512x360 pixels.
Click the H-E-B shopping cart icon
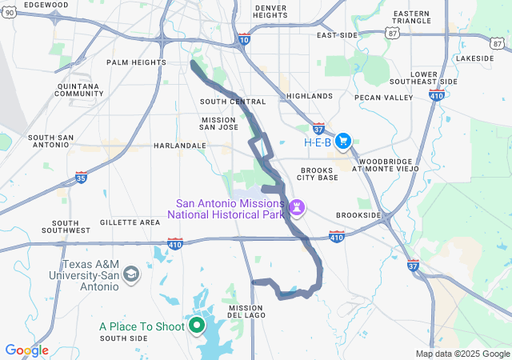(343, 142)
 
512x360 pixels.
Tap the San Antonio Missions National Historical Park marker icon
(298, 208)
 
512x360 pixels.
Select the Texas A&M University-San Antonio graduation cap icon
(131, 275)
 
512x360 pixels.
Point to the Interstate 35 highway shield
(81, 177)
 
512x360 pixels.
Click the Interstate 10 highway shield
(244, 38)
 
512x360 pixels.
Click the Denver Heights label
(270, 11)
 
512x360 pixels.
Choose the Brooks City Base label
(318, 174)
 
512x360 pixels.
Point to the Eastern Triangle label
(411, 18)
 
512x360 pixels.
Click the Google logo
(26, 350)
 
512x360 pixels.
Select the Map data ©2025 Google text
(462, 354)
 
